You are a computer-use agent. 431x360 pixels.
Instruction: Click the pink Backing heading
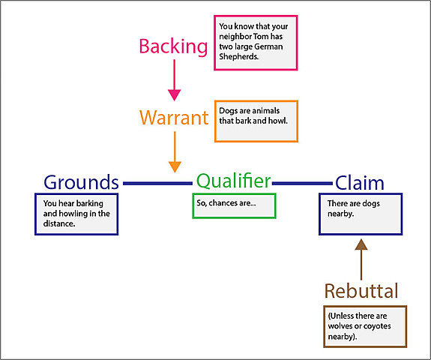(173, 46)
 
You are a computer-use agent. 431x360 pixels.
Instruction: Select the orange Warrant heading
(174, 117)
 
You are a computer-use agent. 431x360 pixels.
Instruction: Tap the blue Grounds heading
(81, 182)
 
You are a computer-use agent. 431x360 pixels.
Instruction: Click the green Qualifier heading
(233, 181)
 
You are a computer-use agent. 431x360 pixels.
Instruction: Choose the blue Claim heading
(359, 182)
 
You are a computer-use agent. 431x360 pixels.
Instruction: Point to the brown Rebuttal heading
(361, 291)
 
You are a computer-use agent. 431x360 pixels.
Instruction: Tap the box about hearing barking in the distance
(76, 214)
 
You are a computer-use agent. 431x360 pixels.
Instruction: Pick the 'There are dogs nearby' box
(361, 214)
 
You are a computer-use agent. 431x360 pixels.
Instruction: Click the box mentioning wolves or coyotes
(364, 326)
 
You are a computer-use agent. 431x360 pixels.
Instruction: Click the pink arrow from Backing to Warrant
(174, 79)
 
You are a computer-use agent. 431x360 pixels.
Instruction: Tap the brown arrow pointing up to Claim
(361, 259)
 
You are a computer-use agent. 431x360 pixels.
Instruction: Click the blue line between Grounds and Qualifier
(157, 183)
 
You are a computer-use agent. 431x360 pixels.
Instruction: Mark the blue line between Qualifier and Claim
(301, 183)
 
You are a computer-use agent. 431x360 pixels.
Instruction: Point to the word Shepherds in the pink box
(238, 56)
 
